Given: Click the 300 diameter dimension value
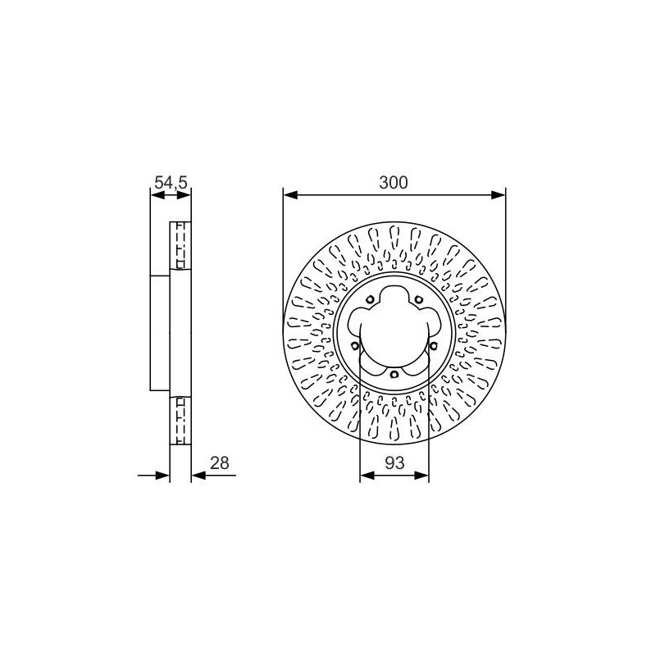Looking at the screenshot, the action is [x=393, y=183].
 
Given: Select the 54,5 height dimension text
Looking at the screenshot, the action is [x=171, y=183].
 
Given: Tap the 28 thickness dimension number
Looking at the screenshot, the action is [x=220, y=463].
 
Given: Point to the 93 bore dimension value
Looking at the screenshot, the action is [x=394, y=463].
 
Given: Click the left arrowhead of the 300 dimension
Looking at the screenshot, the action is [x=290, y=194].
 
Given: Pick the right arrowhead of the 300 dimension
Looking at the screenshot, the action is [x=499, y=194].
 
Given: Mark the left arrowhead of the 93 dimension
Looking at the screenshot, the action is [x=367, y=476].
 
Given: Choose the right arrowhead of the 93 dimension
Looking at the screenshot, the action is [x=421, y=476].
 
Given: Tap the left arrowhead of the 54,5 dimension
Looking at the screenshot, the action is [x=157, y=194].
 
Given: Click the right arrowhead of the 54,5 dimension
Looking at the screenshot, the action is [x=184, y=194].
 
